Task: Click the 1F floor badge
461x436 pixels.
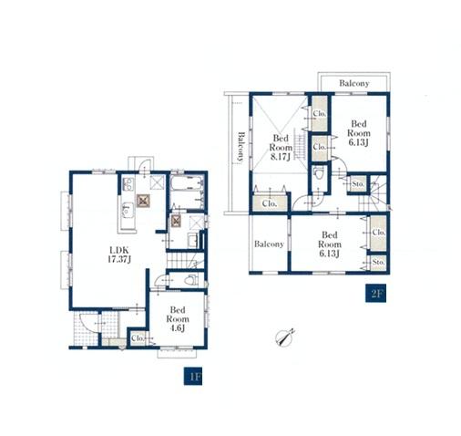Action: click(x=193, y=376)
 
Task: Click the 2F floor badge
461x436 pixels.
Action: click(x=375, y=293)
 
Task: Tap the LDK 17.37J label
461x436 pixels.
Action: click(x=119, y=254)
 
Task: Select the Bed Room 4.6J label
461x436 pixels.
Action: click(x=178, y=319)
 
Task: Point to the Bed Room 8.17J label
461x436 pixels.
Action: click(x=281, y=148)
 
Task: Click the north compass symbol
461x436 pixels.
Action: click(x=285, y=337)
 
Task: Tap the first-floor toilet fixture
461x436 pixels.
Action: click(x=191, y=279)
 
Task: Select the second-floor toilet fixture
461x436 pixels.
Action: click(x=319, y=174)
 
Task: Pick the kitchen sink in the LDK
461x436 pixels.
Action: click(x=128, y=210)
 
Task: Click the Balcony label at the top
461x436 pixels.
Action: click(x=354, y=83)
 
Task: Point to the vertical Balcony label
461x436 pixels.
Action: click(x=241, y=146)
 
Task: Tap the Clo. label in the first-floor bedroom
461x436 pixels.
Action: click(x=138, y=338)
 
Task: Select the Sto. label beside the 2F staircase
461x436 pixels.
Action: click(x=358, y=184)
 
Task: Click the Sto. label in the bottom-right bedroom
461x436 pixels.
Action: click(x=378, y=262)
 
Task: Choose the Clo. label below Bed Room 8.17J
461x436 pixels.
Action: click(x=269, y=203)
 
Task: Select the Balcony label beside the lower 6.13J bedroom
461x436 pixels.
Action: click(x=269, y=244)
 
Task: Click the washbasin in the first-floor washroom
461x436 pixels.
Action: click(x=193, y=241)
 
